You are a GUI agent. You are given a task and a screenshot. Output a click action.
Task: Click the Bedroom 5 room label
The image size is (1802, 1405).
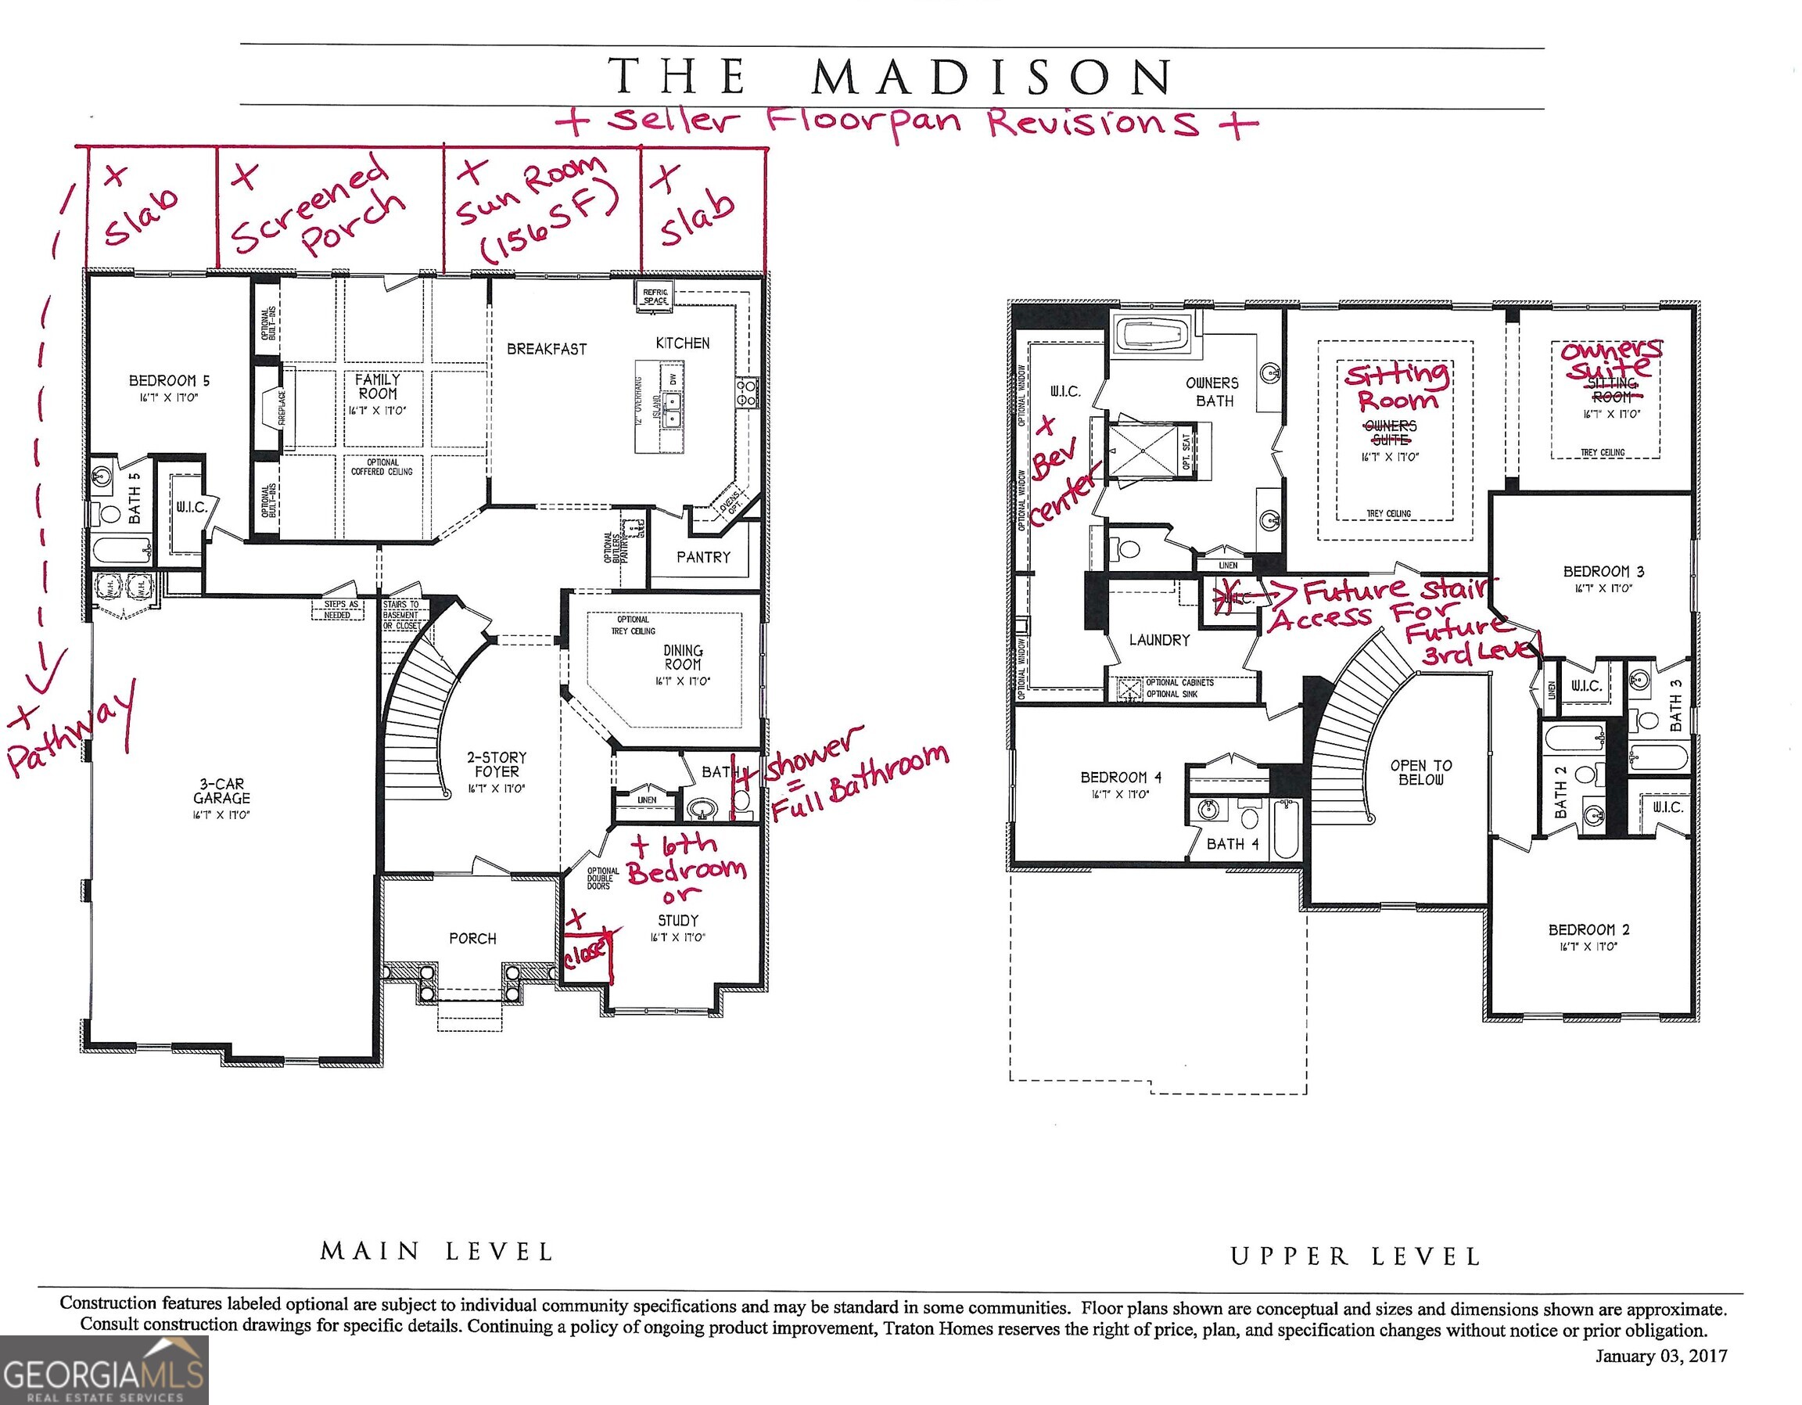pos(169,380)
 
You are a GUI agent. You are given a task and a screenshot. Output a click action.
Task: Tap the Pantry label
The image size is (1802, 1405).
pos(703,557)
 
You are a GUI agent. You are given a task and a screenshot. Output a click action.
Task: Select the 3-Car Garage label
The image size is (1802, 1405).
pos(221,791)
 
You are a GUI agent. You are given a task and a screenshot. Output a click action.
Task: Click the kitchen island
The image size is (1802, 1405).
pos(660,406)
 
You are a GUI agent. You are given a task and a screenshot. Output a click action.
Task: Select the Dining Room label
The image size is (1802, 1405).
pos(682,658)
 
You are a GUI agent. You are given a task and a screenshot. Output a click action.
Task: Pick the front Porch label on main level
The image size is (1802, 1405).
pos(472,939)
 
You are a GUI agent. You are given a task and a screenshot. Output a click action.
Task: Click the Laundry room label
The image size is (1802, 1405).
pos(1159,640)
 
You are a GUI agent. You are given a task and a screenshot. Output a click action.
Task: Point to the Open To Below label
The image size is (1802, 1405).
pos(1421,772)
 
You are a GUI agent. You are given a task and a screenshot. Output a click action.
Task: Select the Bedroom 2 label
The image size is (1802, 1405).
pos(1588,929)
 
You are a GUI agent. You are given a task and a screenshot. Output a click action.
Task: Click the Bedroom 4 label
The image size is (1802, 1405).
pos(1121,777)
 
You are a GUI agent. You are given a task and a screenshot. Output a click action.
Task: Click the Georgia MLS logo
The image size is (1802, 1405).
pos(103,1371)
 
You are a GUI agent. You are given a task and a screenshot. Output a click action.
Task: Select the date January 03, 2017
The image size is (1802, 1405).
pos(1660,1356)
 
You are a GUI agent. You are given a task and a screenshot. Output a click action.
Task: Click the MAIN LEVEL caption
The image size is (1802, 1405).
pos(436,1252)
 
